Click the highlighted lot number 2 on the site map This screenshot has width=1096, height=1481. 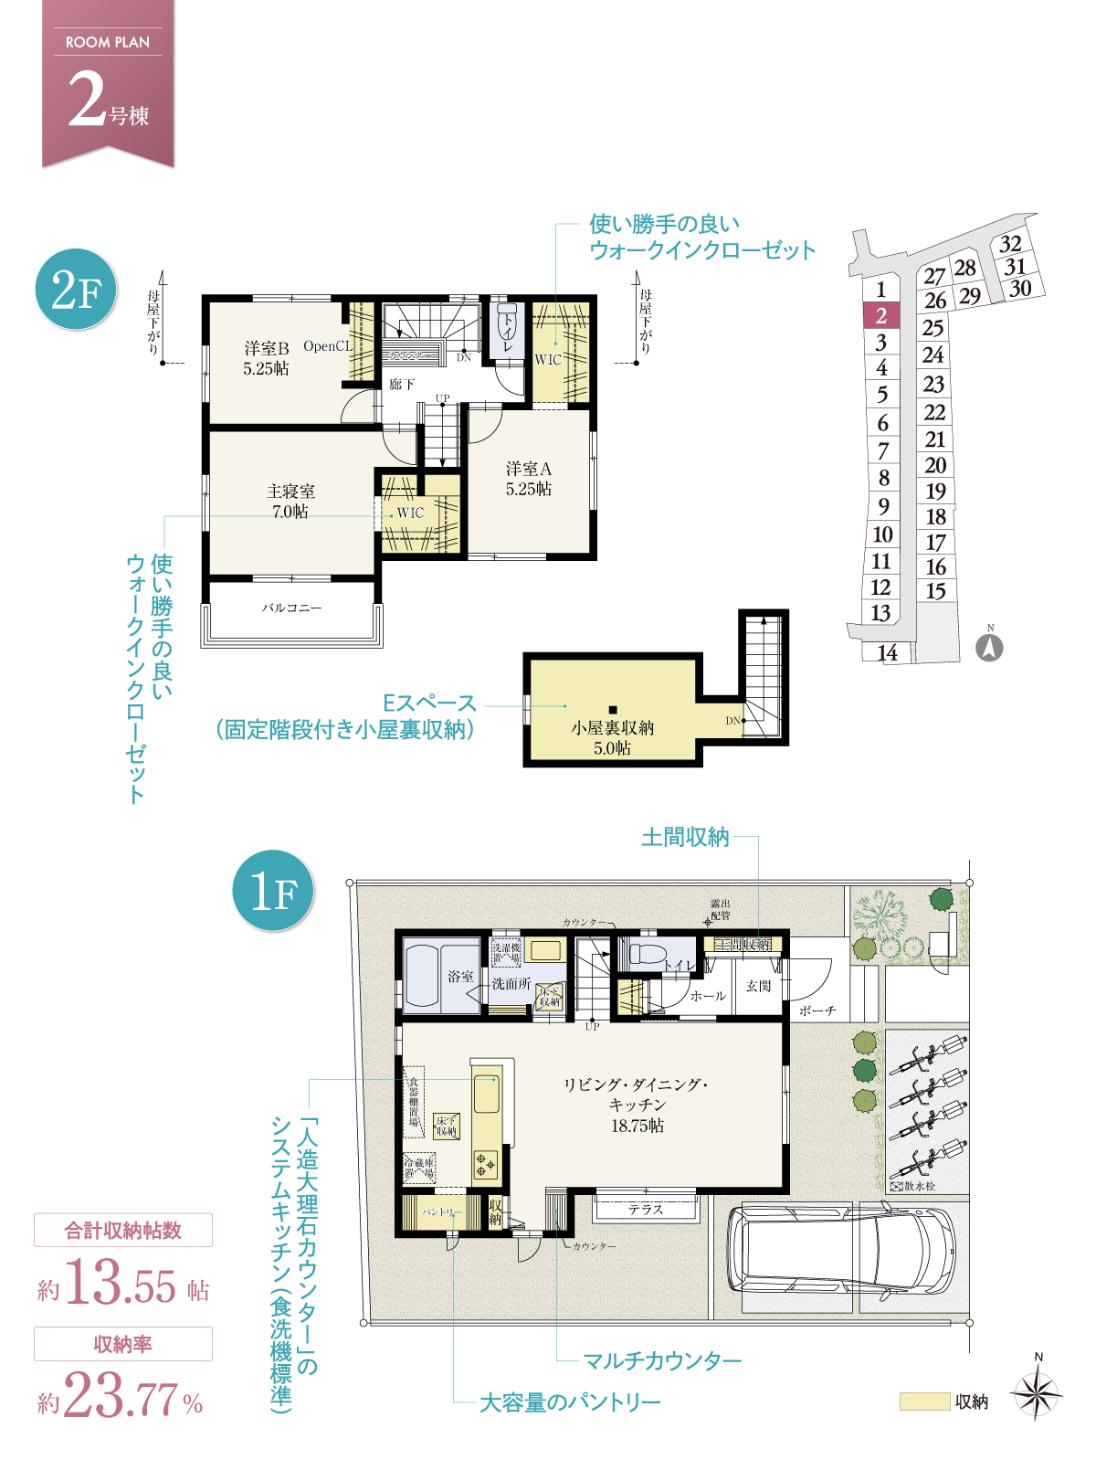click(x=881, y=316)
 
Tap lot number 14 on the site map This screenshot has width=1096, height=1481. click(x=887, y=652)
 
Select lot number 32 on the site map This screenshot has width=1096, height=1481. click(x=1010, y=244)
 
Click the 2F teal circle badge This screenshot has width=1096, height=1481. click(x=77, y=291)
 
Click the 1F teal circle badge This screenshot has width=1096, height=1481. click(x=273, y=891)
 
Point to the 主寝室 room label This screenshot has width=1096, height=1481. click(x=290, y=492)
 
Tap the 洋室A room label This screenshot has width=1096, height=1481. click(x=529, y=469)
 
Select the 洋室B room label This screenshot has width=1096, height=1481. click(x=266, y=348)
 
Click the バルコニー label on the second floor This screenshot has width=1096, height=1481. click(x=291, y=608)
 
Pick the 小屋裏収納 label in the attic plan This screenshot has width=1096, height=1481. click(x=612, y=728)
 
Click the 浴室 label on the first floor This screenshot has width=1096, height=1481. click(x=460, y=977)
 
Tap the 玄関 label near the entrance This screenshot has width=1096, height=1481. click(x=758, y=986)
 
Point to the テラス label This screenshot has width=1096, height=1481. click(x=645, y=1210)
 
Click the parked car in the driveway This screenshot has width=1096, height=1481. click(x=840, y=1250)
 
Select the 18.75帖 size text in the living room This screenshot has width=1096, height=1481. click(x=638, y=1126)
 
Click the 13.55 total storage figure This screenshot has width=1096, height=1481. click(x=121, y=1284)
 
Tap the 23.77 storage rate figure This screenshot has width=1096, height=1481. click(x=121, y=1397)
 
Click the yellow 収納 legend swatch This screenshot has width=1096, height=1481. click(x=924, y=1402)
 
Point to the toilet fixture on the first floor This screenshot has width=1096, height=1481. click(x=647, y=956)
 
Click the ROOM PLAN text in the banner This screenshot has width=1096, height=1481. click(x=108, y=42)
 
